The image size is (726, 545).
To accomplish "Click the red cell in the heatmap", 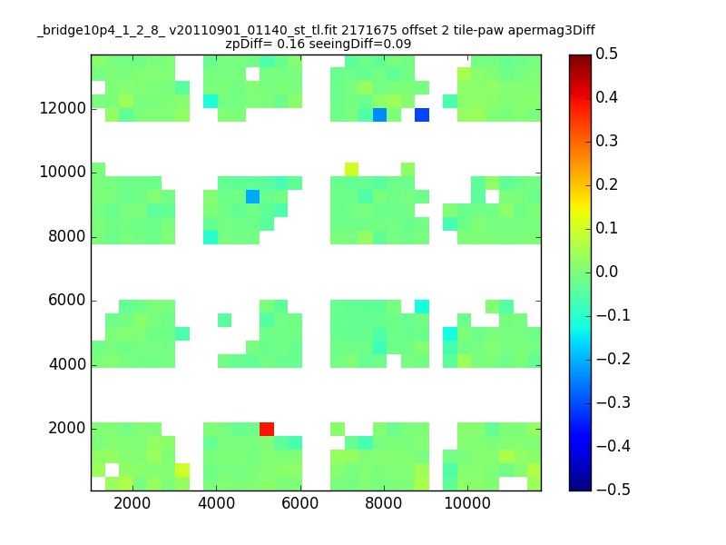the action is (x=267, y=429).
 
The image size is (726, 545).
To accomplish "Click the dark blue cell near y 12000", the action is (x=422, y=115).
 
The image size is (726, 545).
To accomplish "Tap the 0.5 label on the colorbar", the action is (x=606, y=54).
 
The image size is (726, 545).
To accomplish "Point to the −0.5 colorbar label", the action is (x=613, y=490).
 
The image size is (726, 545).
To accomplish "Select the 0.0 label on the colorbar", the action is (x=606, y=272).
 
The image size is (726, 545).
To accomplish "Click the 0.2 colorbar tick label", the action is (x=606, y=184).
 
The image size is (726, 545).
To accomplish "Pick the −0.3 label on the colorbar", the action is (x=613, y=402).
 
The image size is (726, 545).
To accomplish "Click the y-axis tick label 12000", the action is (x=63, y=108).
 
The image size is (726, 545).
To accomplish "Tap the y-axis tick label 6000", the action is (x=67, y=301).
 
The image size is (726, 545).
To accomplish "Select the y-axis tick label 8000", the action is (x=67, y=236).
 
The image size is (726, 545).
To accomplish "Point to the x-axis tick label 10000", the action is (x=467, y=503).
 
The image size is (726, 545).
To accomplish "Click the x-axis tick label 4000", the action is (x=216, y=503).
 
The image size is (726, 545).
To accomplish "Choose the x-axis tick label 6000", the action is (x=300, y=503).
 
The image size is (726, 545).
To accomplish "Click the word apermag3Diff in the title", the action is (x=552, y=31).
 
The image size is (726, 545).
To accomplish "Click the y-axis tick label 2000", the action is (x=67, y=428).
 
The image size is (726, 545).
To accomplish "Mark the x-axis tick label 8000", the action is (x=383, y=503).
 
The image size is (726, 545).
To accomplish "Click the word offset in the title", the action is (x=417, y=30).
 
